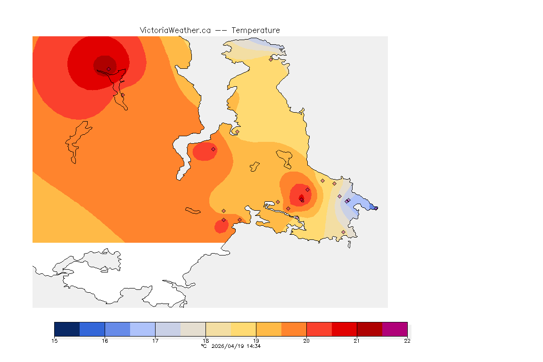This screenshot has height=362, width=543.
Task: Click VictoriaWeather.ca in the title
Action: (175, 30)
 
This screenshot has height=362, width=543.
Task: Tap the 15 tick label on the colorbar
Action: (54, 341)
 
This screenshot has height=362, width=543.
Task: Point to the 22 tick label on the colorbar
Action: (407, 341)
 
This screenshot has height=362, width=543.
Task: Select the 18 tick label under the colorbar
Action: (206, 341)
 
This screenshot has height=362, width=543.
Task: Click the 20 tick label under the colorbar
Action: (306, 341)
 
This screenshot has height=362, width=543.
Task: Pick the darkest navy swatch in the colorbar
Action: (67, 329)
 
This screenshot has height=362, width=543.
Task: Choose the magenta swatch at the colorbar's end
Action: (395, 329)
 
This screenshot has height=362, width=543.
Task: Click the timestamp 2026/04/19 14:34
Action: (236, 346)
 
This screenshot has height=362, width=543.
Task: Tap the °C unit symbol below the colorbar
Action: (204, 346)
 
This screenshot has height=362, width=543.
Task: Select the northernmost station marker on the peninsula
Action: (271, 59)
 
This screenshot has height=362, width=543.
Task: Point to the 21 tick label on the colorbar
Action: (357, 341)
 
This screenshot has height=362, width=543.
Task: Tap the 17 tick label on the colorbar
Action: (155, 341)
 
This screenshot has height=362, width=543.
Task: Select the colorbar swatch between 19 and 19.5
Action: (269, 329)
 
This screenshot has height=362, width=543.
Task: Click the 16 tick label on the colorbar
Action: (105, 341)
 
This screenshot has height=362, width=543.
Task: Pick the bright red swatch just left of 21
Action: (344, 329)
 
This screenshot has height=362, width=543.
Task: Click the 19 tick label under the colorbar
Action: (256, 341)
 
